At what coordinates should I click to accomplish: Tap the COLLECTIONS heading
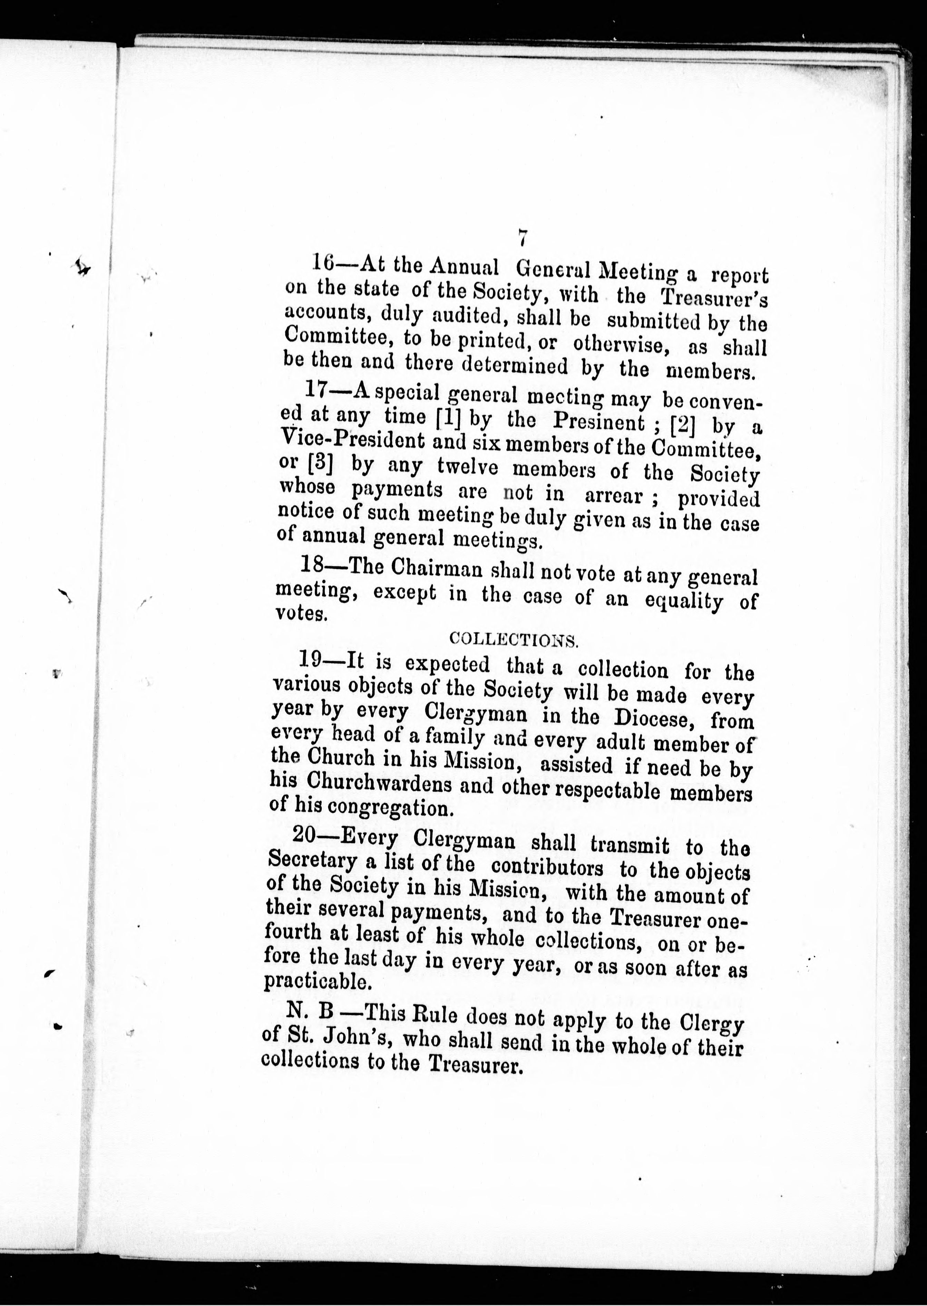click(514, 639)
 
